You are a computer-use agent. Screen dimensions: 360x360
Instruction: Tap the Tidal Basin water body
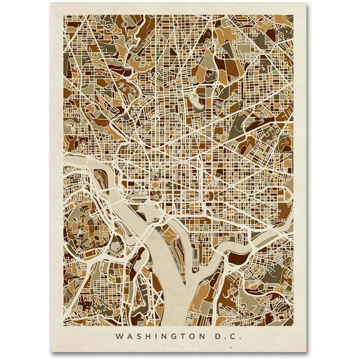(147, 220)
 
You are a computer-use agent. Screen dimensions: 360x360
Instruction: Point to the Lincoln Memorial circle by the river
(124, 206)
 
